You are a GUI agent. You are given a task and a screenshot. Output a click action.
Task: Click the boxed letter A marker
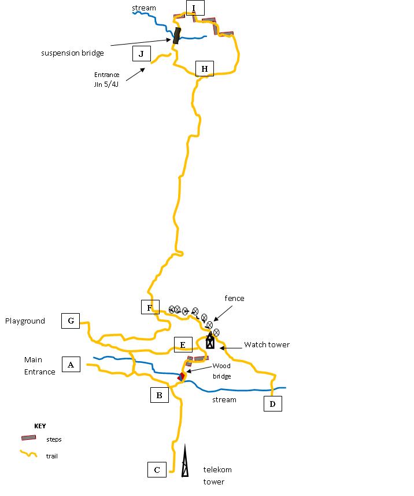pyautogui.click(x=71, y=365)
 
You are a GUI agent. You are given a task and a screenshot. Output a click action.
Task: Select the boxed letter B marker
pyautogui.click(x=159, y=395)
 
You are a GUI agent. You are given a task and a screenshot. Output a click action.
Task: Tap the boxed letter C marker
pyautogui.click(x=157, y=469)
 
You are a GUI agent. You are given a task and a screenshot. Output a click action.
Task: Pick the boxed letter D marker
pyautogui.click(x=272, y=403)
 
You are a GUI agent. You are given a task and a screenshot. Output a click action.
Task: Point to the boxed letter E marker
pyautogui.click(x=183, y=346)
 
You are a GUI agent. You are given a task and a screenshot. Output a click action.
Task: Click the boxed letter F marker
pyautogui.click(x=150, y=307)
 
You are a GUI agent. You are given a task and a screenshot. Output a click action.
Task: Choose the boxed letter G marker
pyautogui.click(x=71, y=321)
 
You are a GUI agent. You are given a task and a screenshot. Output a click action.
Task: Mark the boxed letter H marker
pyautogui.click(x=205, y=69)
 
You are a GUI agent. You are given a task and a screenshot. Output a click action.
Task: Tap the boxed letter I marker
pyautogui.click(x=195, y=8)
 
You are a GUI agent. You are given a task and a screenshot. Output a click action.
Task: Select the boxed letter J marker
pyautogui.click(x=141, y=54)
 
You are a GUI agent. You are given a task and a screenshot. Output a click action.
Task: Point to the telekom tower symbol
pyautogui.click(x=185, y=461)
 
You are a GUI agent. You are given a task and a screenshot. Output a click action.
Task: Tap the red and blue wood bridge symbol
pyautogui.click(x=181, y=377)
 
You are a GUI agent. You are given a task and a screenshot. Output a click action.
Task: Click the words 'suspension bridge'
pyautogui.click(x=72, y=53)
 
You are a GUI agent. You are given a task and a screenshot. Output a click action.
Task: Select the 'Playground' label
pyautogui.click(x=25, y=321)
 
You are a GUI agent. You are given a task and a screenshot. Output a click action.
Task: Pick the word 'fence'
pyautogui.click(x=235, y=298)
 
